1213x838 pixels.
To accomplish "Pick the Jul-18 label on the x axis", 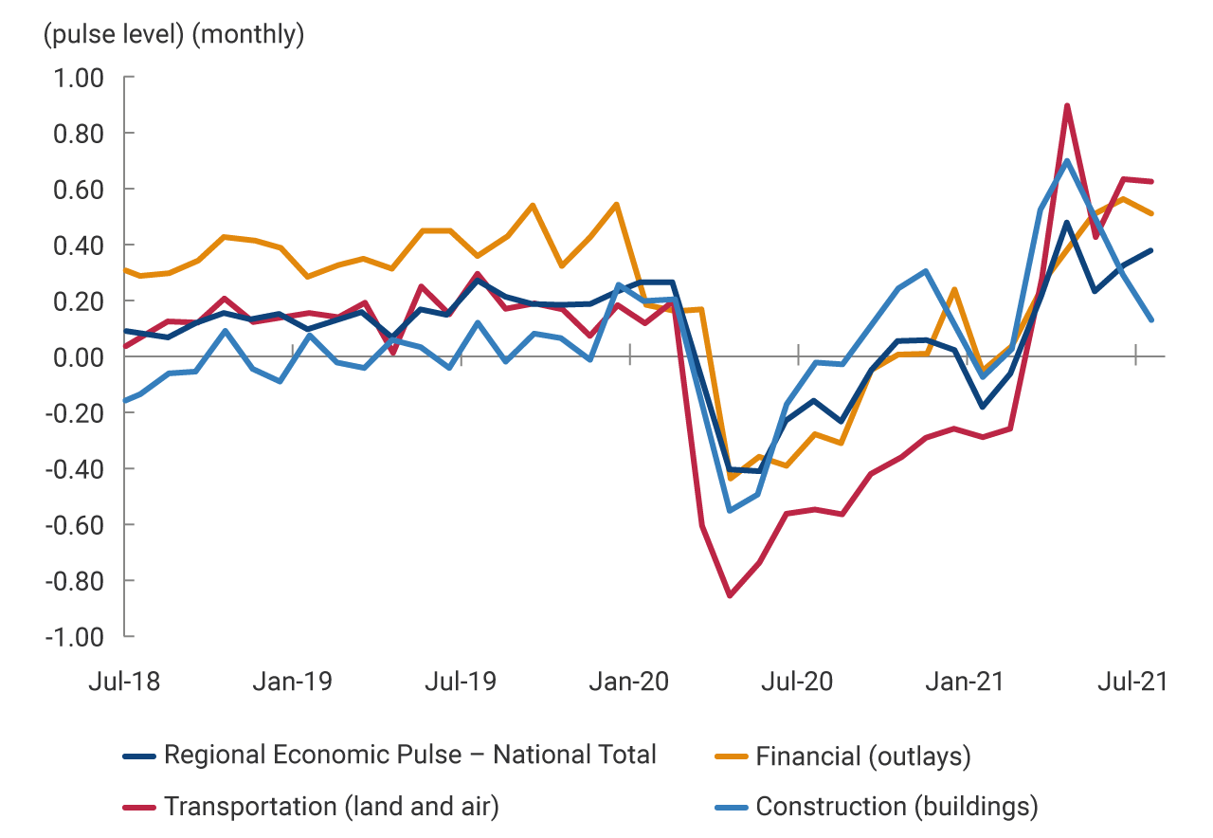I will (x=123, y=682).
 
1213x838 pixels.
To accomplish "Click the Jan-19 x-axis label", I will (x=292, y=682).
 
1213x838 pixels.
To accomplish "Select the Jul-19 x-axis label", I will (x=460, y=682).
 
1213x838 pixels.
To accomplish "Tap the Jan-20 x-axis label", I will (x=629, y=682).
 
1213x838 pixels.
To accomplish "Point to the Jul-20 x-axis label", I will (x=798, y=682).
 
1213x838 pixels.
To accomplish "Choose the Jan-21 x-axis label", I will (x=966, y=682).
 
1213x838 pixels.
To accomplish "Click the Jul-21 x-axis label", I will (x=1134, y=682).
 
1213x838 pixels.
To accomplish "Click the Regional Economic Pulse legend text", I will (x=409, y=756).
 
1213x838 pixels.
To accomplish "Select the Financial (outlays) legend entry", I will (x=862, y=756).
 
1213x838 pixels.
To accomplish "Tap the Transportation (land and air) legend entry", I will (x=331, y=807).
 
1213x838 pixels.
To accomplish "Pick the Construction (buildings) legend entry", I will (x=896, y=807).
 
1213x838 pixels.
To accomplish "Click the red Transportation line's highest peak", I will (x=1067, y=105).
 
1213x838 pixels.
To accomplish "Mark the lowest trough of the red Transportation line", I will (x=730, y=595).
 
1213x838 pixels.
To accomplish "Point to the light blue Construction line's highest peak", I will (x=1067, y=160).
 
